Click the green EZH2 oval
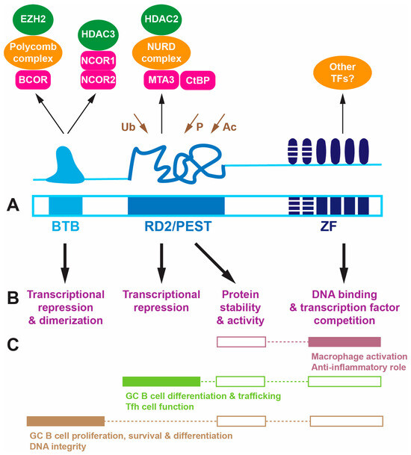(x=33, y=19)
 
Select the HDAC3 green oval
(x=98, y=34)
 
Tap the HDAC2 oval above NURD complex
(x=161, y=19)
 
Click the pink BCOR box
(x=33, y=79)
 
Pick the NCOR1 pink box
(x=98, y=61)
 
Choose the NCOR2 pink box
(x=98, y=79)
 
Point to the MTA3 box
(x=161, y=79)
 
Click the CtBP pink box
(x=198, y=80)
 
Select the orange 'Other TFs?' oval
(x=342, y=72)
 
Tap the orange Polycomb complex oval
(x=33, y=52)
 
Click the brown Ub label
(x=128, y=127)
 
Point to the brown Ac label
(x=229, y=127)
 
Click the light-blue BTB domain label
(x=66, y=226)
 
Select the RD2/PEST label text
(x=178, y=226)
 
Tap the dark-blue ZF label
(x=328, y=226)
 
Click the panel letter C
(x=13, y=344)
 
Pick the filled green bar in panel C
(x=161, y=381)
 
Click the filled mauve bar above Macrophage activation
(x=344, y=342)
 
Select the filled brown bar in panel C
(x=66, y=421)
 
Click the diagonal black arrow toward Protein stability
(x=215, y=263)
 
